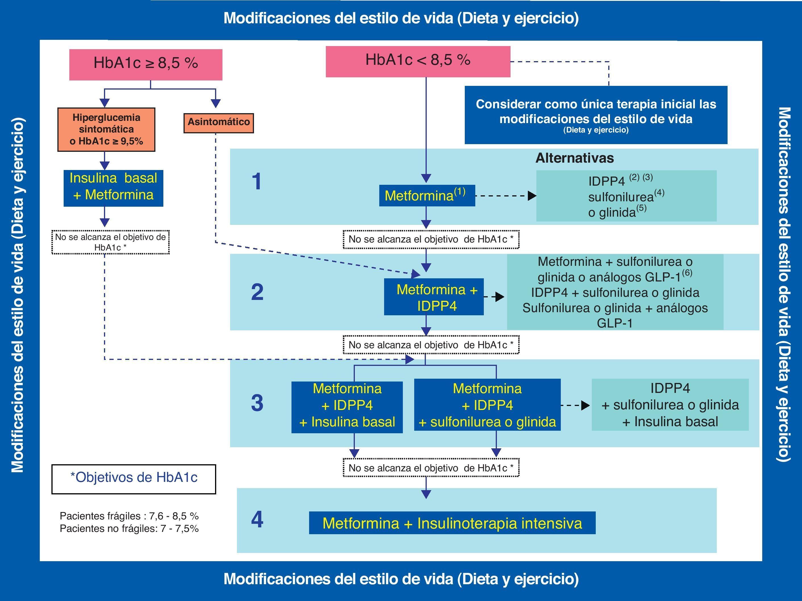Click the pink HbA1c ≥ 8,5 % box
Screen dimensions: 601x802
pos(145,64)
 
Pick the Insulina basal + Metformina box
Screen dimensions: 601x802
pos(113,188)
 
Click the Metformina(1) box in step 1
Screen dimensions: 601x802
pos(427,196)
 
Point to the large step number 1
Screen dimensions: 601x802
pos(257,181)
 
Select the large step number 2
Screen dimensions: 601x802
pos(257,292)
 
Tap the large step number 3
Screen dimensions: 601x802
pos(257,403)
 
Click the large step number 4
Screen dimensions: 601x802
pos(257,519)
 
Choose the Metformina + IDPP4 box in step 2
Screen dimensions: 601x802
pos(434,297)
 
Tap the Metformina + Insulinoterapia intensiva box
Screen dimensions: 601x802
pos(452,523)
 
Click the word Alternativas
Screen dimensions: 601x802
pos(574,158)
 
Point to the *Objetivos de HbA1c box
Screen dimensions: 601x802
pos(134,479)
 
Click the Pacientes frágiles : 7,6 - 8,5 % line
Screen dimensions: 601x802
pos(129,516)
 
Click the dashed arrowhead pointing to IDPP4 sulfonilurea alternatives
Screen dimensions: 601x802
pos(532,196)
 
